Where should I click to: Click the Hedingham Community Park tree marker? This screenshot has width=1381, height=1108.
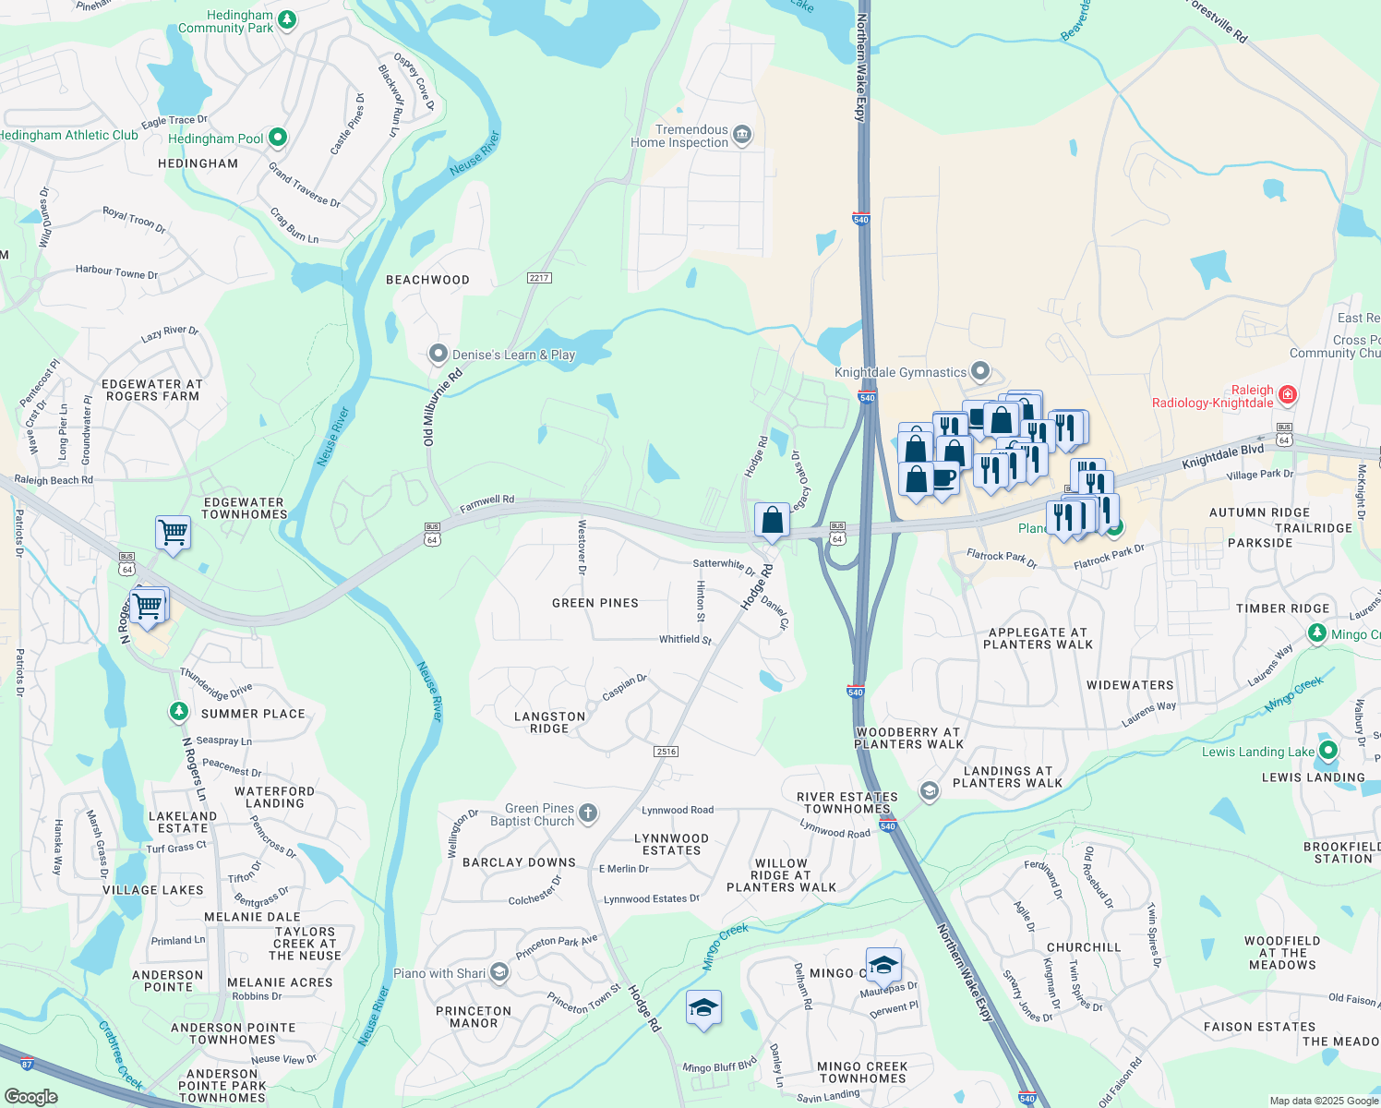(287, 19)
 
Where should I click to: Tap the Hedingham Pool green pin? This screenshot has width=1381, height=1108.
(277, 138)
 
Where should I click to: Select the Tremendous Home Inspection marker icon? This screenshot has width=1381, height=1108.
(742, 137)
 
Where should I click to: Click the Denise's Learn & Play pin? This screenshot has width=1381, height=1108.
(438, 354)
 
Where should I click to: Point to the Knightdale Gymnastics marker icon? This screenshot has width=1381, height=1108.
(980, 372)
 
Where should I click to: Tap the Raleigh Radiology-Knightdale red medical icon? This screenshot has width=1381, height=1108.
(1288, 395)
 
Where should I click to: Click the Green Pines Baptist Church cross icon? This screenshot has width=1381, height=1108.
(588, 813)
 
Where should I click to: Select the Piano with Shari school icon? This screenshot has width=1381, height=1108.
(499, 972)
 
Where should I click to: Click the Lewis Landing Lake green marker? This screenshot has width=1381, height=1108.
(1328, 751)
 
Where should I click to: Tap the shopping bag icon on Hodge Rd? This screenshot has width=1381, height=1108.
(772, 521)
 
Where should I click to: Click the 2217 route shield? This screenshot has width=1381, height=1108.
(539, 278)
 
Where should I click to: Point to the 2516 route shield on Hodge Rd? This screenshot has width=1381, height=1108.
(666, 752)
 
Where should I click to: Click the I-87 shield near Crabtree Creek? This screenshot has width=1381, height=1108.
(27, 1064)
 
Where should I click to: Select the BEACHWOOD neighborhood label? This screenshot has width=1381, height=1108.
(427, 280)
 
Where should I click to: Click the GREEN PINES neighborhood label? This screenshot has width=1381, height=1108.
(595, 603)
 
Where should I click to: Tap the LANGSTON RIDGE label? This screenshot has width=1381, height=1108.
(549, 722)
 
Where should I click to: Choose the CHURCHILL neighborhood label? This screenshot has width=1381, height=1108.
(1084, 947)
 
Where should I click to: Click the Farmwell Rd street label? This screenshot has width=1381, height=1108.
(486, 503)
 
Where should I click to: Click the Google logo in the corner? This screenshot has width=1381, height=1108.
(30, 1096)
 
